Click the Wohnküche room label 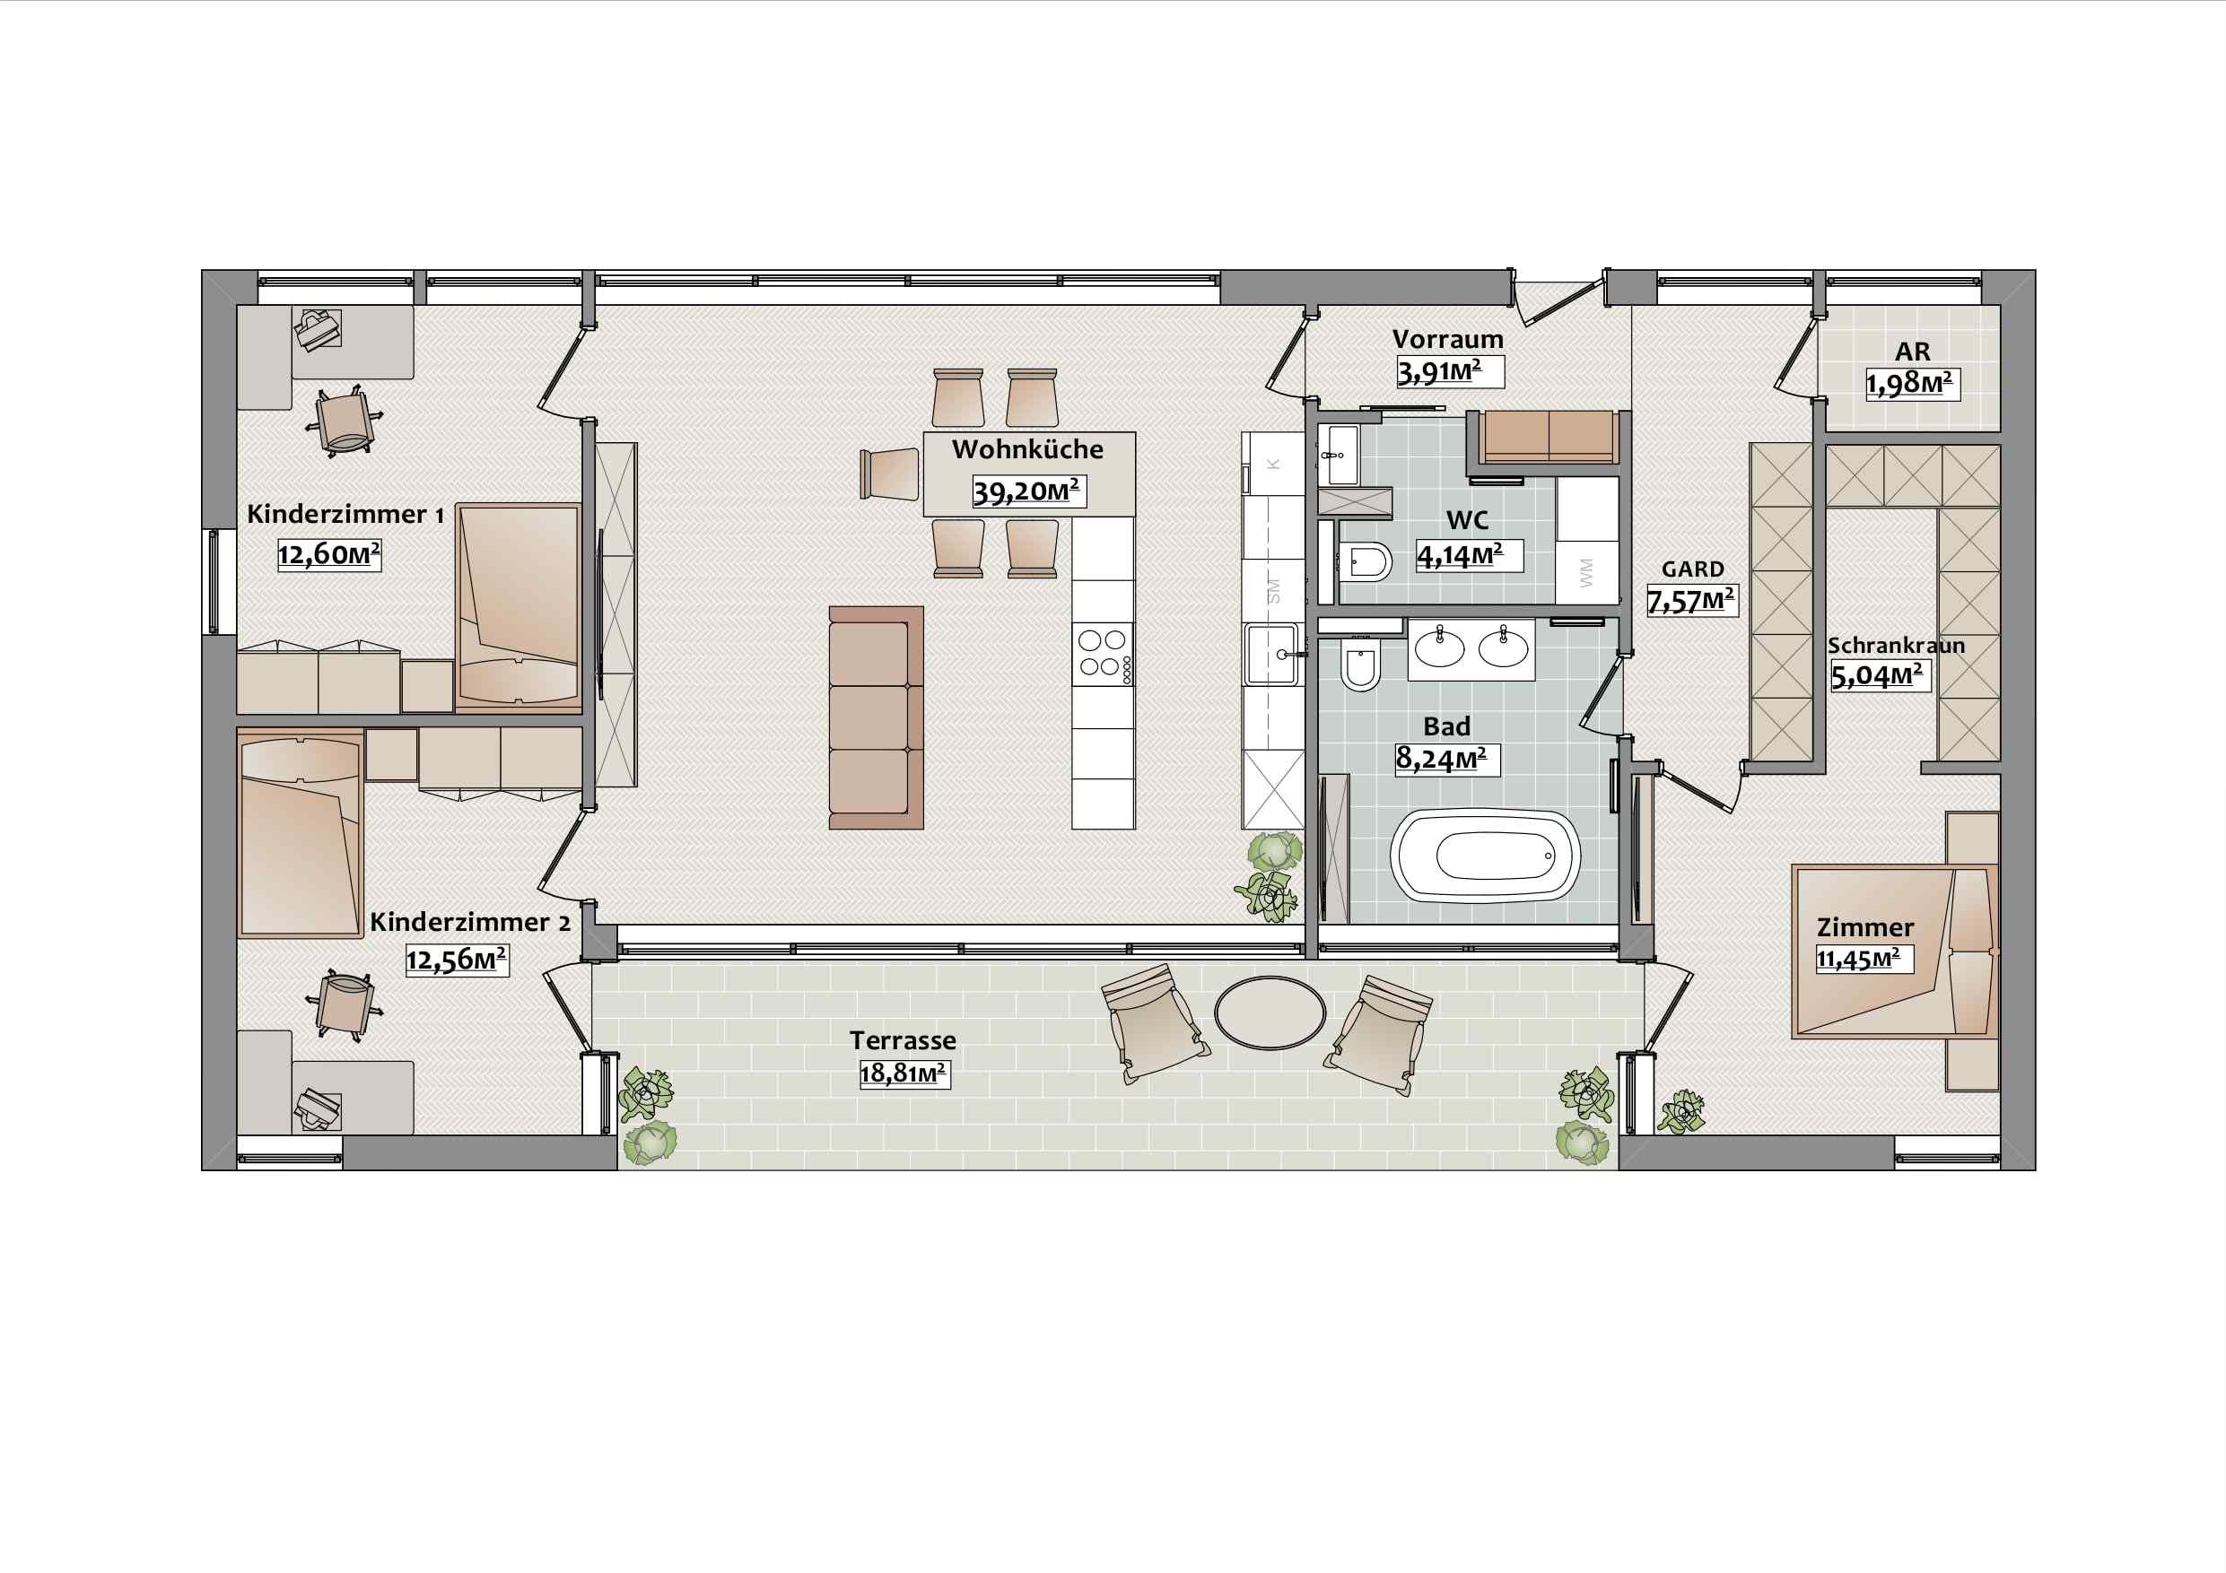coord(1026,449)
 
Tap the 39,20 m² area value coord(1028,491)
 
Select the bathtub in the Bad coord(1485,856)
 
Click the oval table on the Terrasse coord(1270,1012)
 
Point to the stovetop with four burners coord(1103,653)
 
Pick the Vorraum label coord(1447,339)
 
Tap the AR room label coord(1912,351)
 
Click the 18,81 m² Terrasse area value coord(903,1073)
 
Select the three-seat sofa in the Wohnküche coord(876,717)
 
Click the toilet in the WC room coord(1363,561)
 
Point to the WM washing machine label coord(1586,573)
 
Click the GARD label coord(1693,569)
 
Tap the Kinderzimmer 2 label coord(470,922)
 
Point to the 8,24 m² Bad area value coord(1446,759)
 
